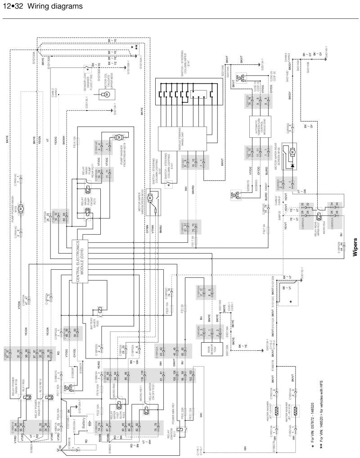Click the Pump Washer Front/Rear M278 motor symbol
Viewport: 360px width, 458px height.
(x=120, y=136)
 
